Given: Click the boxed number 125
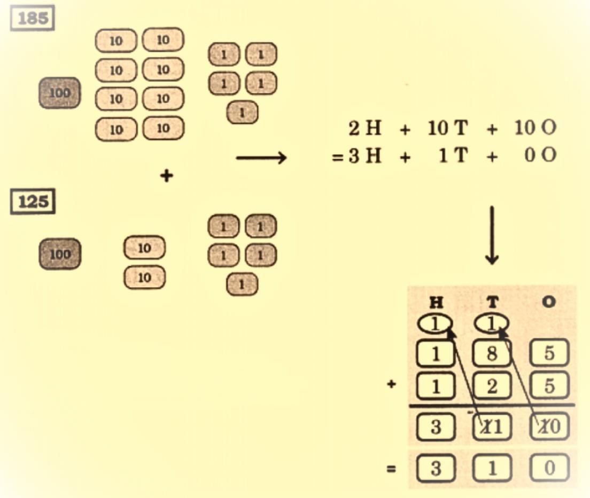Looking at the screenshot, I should (33, 202).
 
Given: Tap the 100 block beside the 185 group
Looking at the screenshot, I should (60, 93).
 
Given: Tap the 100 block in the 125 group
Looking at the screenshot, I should (60, 254).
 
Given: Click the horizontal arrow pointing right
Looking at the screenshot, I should (261, 157).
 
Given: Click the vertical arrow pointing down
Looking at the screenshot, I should (492, 235).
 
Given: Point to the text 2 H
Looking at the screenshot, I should (364, 128).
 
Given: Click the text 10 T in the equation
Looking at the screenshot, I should (447, 128).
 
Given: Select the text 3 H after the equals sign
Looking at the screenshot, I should (364, 156).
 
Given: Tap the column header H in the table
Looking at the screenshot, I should (436, 303).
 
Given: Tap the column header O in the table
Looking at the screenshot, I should (548, 303).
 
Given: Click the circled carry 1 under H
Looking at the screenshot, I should (436, 323).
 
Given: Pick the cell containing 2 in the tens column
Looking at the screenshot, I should (492, 385).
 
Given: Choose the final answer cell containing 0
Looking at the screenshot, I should (549, 469).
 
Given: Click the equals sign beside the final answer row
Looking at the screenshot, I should (392, 470).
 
